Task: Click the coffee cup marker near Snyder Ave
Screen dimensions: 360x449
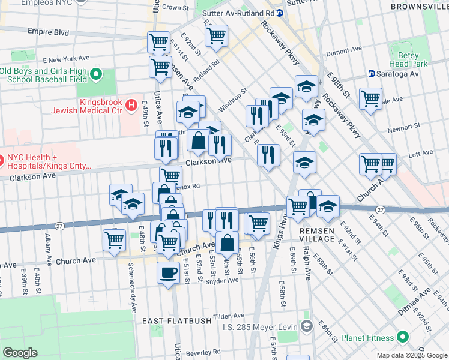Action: [x=168, y=272]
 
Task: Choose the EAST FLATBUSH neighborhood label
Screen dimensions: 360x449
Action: [x=177, y=321]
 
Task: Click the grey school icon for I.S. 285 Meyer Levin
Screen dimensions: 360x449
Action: [x=307, y=326]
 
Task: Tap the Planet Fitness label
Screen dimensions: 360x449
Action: [x=367, y=337]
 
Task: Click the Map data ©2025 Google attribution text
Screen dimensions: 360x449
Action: [x=411, y=355]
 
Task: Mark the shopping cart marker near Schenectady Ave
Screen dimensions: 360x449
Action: [x=114, y=239]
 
